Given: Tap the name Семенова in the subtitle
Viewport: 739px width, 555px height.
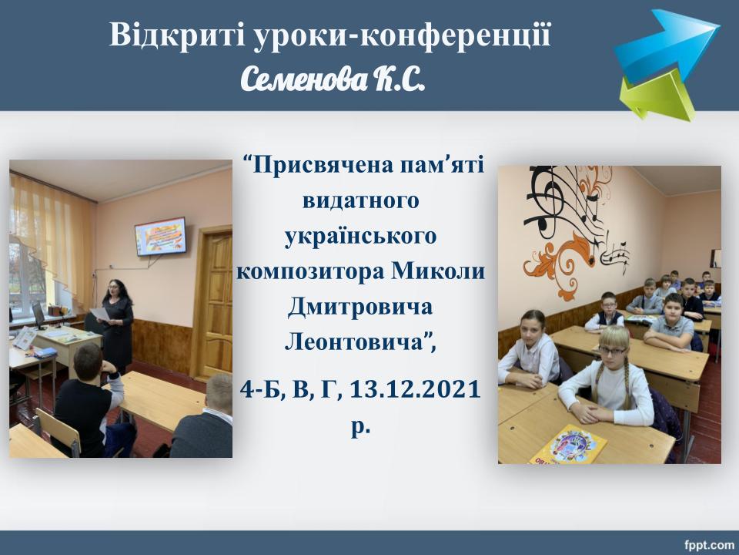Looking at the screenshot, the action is (x=304, y=79).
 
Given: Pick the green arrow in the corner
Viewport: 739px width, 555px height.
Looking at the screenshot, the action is (x=658, y=97).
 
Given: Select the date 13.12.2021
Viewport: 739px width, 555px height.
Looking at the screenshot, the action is (x=415, y=389).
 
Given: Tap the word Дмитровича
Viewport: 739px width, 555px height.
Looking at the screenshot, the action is (x=359, y=308).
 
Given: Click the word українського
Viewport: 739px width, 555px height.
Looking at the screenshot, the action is (x=360, y=236).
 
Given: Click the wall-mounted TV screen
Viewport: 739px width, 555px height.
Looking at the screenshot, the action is (x=160, y=237).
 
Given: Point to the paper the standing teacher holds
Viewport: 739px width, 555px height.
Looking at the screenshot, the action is (x=99, y=314).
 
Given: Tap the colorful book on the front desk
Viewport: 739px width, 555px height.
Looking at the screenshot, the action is (x=567, y=445).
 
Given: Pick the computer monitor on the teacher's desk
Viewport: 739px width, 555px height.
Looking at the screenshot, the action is (x=38, y=315).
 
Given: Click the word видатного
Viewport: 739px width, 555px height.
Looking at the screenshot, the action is (x=360, y=200).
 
